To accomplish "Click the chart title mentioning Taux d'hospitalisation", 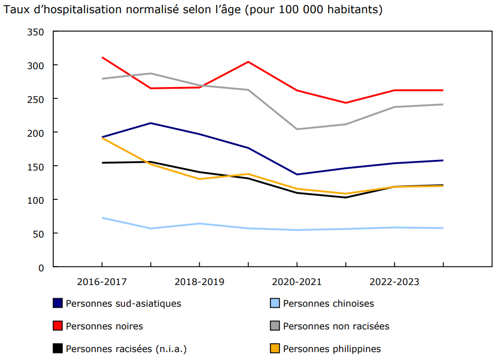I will (193, 10).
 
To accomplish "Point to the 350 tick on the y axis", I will (37, 32).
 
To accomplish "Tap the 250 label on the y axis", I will (37, 99).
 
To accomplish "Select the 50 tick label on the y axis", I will (40, 234).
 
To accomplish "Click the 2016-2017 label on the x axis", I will (102, 282).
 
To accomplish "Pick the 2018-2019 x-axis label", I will (199, 282).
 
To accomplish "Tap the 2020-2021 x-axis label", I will (297, 282).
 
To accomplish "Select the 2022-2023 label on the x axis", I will (395, 282).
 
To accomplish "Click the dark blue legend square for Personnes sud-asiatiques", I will (58, 304).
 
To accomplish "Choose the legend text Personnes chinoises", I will (329, 304).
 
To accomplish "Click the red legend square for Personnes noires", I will (58, 326).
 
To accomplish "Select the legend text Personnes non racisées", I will (336, 326).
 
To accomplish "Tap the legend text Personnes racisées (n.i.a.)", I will (126, 349).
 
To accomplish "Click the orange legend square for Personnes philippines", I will (275, 349).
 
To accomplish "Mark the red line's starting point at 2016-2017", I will (102, 58).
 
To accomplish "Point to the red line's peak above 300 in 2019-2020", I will (248, 62).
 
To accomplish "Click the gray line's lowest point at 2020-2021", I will (297, 129).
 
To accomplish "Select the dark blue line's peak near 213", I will (151, 123).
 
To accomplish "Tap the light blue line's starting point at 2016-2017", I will (102, 217).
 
